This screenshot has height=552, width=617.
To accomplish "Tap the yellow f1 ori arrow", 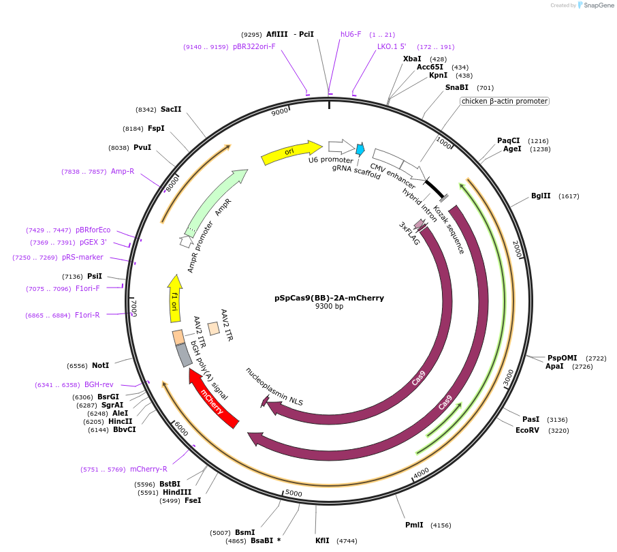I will pyautogui.click(x=174, y=298).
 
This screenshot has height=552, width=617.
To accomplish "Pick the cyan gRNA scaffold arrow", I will pyautogui.click(x=360, y=149).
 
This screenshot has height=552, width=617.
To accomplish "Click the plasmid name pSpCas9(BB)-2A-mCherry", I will pyautogui.click(x=329, y=298).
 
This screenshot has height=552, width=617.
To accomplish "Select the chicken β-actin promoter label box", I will pyautogui.click(x=504, y=101).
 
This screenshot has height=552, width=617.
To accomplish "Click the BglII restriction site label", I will pyautogui.click(x=541, y=196).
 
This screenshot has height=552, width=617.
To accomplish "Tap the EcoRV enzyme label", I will pyautogui.click(x=527, y=430).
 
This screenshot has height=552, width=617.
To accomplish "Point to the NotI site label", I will pyautogui.click(x=100, y=366).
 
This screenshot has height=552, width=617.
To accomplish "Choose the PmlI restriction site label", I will pyautogui.click(x=414, y=525).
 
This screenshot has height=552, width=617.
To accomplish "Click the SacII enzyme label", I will pyautogui.click(x=171, y=109).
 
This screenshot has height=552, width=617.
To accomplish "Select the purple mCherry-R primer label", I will pyautogui.click(x=148, y=469).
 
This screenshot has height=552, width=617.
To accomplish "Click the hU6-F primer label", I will pyautogui.click(x=351, y=34).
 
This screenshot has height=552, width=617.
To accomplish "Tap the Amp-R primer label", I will pyautogui.click(x=123, y=172).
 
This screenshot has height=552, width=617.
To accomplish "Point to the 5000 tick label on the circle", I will pyautogui.click(x=294, y=492).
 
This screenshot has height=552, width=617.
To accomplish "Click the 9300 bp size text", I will pyautogui.click(x=329, y=307).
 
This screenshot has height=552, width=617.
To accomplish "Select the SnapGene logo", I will pyautogui.click(x=592, y=5).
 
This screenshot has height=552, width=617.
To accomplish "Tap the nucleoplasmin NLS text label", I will pyautogui.click(x=274, y=386).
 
